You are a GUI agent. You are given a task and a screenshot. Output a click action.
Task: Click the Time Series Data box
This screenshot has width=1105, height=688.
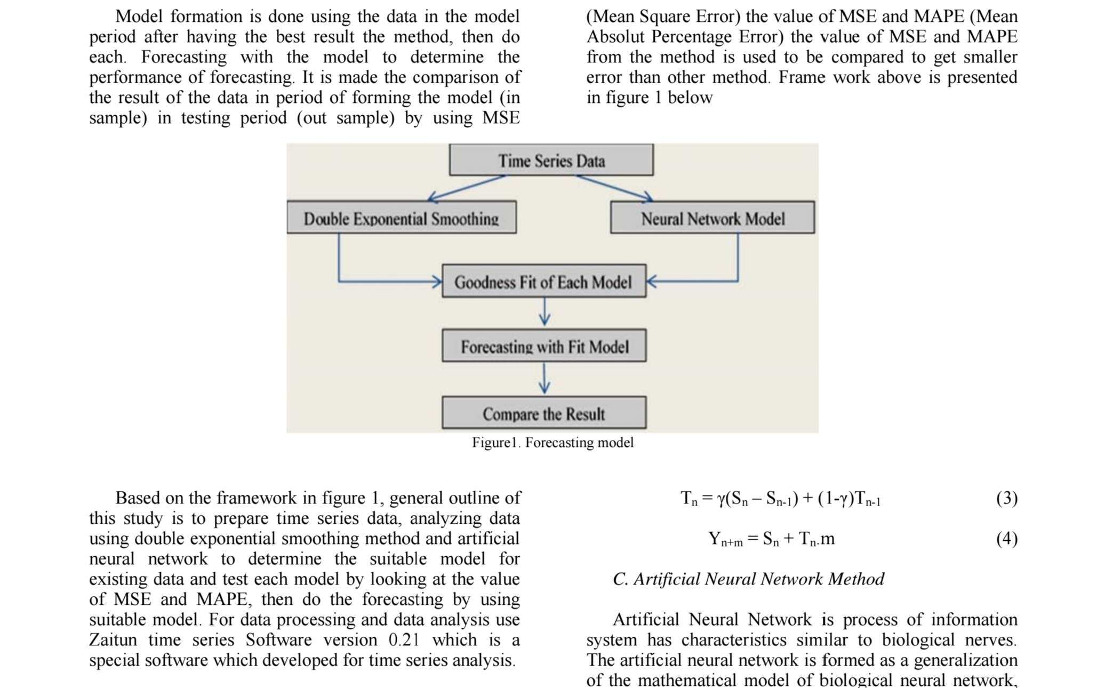551,160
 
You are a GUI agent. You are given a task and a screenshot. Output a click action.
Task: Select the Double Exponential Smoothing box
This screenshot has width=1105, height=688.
401,218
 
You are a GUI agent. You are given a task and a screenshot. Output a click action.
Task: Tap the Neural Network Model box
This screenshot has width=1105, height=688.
712,218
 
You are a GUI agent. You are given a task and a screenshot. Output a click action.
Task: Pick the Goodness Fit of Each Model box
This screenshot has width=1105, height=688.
543,281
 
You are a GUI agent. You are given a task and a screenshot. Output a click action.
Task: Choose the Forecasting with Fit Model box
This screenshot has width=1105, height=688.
544,346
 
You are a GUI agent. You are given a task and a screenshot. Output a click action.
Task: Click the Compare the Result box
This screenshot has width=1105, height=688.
544,413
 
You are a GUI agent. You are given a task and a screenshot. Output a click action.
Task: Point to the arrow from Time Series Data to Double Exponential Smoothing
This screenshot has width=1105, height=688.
466,188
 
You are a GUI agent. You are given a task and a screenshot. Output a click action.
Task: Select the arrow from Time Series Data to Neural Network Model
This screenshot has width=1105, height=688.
614,188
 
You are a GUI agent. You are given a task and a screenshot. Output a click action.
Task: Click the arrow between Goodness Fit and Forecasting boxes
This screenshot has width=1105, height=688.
544,311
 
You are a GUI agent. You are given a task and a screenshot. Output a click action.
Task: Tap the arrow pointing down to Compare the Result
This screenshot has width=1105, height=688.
544,378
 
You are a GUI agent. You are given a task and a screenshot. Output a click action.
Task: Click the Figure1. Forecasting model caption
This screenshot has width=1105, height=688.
552,443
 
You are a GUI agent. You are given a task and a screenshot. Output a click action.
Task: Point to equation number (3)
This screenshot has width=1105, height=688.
1006,498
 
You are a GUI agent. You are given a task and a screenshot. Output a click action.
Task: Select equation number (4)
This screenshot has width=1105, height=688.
1006,539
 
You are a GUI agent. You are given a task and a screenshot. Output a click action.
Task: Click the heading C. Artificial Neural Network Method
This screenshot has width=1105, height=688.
748,579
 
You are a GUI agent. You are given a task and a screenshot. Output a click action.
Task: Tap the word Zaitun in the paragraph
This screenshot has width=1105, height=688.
113,640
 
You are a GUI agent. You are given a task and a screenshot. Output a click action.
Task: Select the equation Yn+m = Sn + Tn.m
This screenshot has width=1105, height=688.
771,539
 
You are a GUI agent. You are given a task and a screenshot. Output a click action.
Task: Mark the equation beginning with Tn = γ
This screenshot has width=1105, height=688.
780,499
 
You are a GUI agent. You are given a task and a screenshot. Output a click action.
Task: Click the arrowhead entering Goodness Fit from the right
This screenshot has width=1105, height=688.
652,281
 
